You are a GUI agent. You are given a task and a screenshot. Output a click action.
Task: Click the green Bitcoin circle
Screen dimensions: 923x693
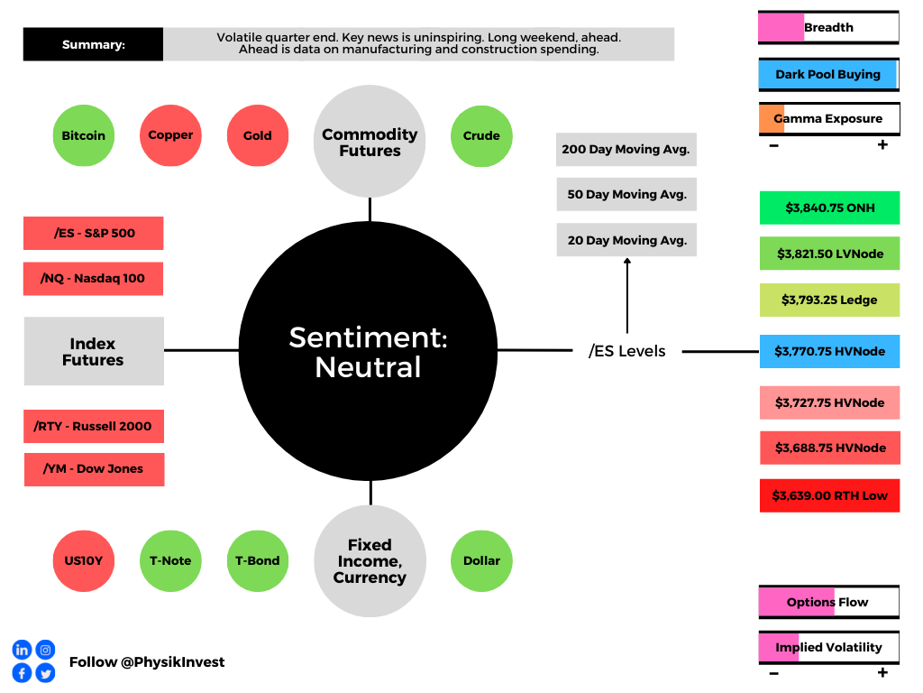84,135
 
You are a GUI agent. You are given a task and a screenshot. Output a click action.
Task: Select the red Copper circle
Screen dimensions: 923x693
170,135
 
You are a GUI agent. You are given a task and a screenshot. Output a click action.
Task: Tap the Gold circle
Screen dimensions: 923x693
258,135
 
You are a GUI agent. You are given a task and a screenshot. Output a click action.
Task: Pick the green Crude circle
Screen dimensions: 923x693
481,136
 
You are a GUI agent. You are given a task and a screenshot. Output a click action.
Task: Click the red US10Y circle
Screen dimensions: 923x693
84,561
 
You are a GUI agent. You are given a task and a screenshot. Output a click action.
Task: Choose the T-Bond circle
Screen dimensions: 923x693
258,561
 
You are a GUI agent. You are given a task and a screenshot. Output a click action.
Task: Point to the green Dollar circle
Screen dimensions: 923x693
481,561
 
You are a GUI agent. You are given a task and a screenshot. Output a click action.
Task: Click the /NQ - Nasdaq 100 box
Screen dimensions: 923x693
93,279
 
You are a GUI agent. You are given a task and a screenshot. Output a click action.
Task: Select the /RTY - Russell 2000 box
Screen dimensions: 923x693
94,426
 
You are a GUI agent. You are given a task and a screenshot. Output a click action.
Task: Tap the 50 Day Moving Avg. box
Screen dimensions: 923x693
626,195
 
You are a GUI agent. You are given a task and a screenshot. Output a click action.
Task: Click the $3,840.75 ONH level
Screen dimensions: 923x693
829,208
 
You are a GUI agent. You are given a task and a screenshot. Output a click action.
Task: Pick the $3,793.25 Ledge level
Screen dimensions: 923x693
829,300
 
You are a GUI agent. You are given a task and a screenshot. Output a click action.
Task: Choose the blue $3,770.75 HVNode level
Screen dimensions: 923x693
829,351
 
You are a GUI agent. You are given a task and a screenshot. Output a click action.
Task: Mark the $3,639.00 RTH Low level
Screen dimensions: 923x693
829,495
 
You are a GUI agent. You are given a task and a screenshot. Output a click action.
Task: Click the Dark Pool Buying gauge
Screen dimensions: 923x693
829,75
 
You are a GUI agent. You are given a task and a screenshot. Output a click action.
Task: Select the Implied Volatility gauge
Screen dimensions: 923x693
829,648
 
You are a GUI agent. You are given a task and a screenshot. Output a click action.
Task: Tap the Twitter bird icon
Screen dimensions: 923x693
45,672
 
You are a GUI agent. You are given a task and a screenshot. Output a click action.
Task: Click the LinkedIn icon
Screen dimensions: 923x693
22,650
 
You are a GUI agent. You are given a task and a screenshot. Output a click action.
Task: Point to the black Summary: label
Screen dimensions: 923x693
93,44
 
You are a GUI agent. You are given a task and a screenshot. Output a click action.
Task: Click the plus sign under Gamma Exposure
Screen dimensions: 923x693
882,144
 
